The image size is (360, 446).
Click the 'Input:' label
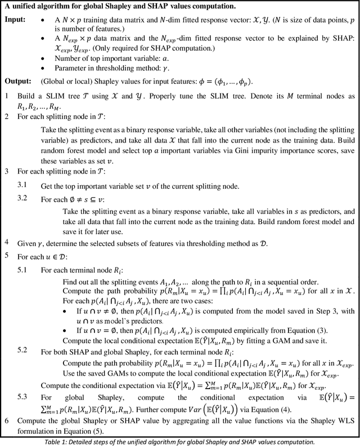point(15,20)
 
